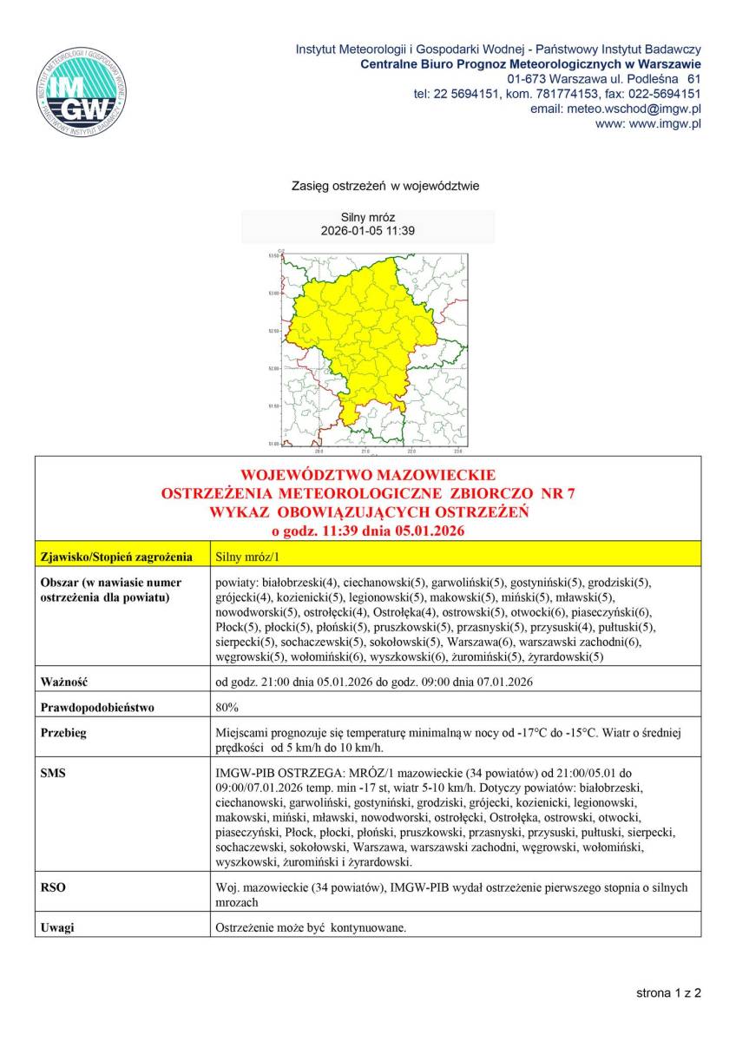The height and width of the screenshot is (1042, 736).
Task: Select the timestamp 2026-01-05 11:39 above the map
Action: (x=368, y=231)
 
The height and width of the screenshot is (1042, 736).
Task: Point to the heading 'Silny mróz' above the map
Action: (x=368, y=218)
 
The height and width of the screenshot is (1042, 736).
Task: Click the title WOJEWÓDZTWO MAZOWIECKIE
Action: (x=368, y=475)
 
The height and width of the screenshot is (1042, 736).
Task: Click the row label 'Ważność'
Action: (x=66, y=682)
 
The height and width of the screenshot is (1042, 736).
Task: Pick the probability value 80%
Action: (x=227, y=707)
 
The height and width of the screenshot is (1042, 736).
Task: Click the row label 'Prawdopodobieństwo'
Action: (x=98, y=707)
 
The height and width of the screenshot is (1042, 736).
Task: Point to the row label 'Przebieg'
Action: (x=64, y=732)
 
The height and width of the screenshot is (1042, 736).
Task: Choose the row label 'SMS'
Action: (x=53, y=771)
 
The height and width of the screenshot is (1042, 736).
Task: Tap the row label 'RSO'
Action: (x=53, y=887)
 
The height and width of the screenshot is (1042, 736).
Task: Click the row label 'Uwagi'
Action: (x=57, y=927)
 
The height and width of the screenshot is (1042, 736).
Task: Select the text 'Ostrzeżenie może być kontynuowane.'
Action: (x=311, y=927)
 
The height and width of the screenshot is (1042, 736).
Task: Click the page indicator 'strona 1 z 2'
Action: (x=668, y=993)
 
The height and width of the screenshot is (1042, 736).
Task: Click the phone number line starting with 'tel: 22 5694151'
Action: (x=557, y=94)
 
